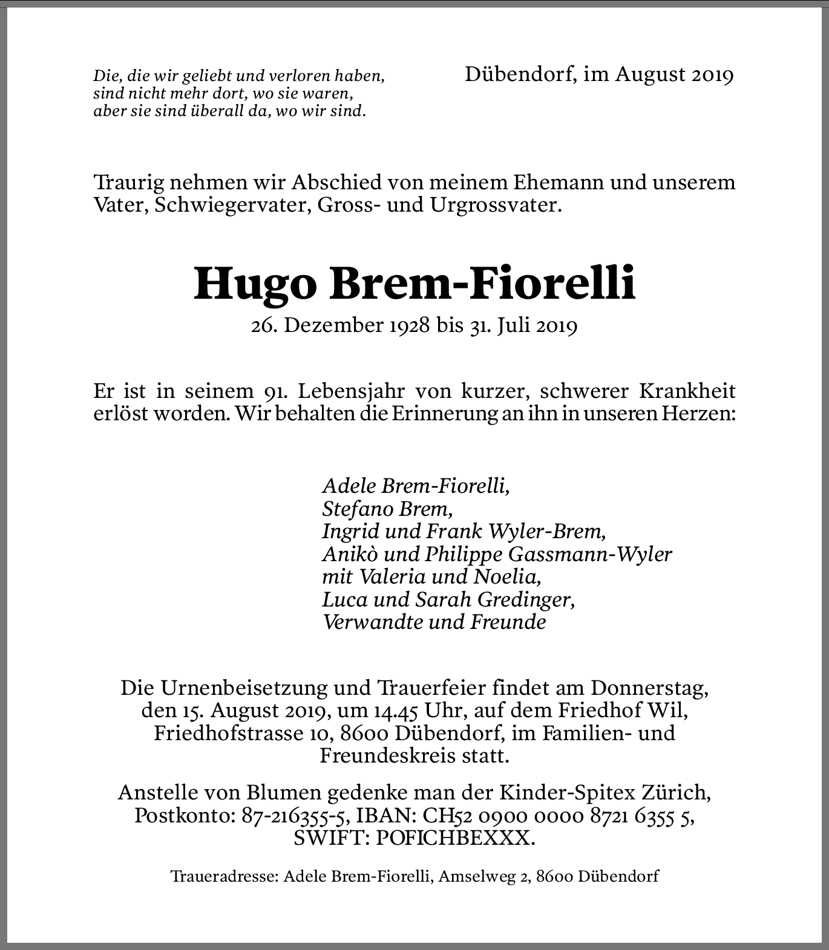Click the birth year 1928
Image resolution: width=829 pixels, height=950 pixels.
click(407, 326)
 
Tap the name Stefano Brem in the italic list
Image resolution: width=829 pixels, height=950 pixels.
click(387, 509)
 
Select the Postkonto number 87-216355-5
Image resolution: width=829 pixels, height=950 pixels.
click(293, 816)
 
